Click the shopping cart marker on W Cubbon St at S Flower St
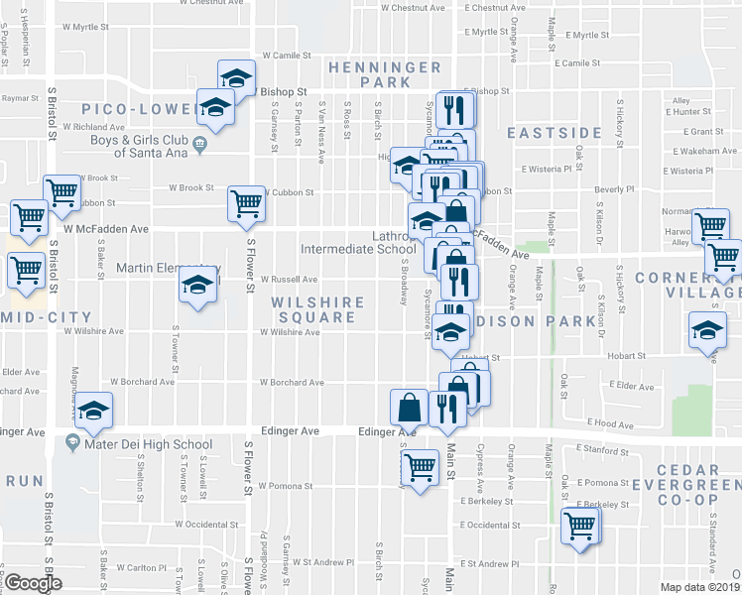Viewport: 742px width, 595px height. coord(247,203)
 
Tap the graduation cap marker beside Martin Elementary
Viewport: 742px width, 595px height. coord(197,288)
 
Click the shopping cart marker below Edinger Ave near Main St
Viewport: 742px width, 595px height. coord(422,465)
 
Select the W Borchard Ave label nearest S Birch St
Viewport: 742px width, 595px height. coord(292,381)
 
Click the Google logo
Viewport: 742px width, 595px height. coord(33,583)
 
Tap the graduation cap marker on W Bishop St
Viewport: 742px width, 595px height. coord(237,77)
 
